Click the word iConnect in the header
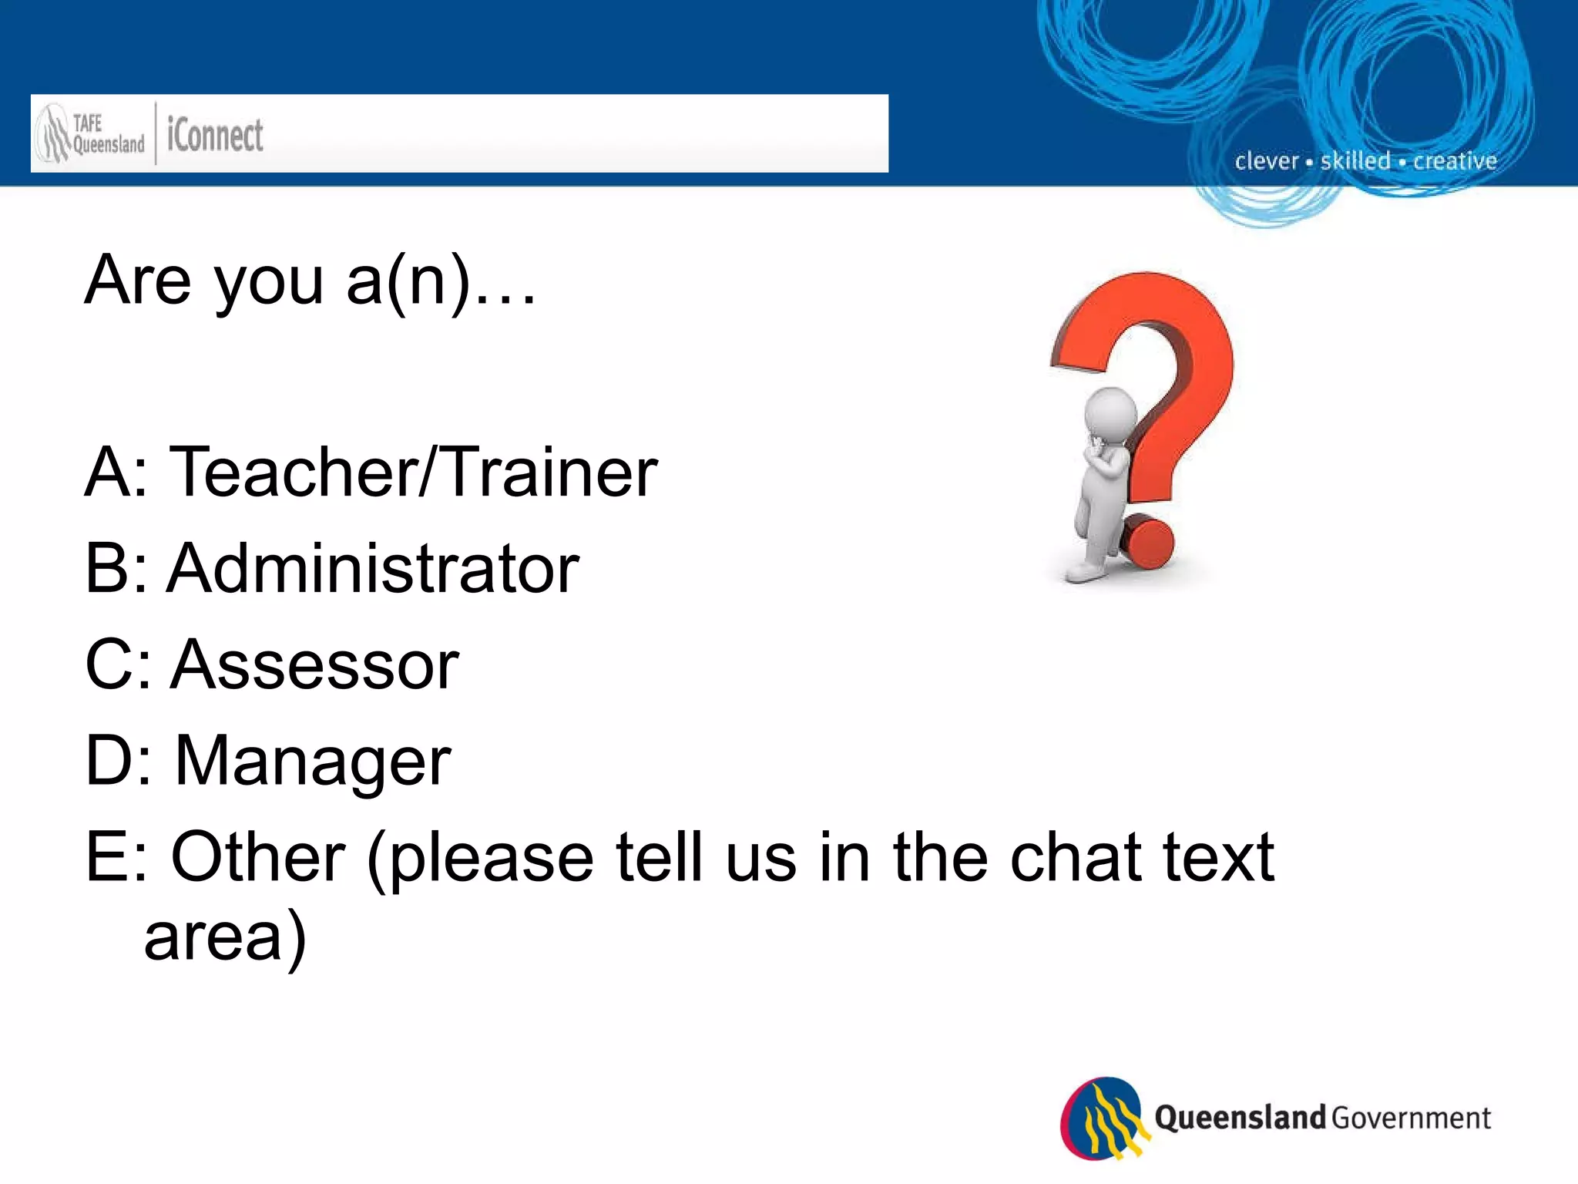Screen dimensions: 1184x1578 [215, 136]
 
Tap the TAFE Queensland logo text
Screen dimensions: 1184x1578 [108, 134]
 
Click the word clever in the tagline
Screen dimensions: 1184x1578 [1267, 161]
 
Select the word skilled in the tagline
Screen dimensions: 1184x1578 [1355, 160]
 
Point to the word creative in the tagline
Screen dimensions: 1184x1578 [1455, 160]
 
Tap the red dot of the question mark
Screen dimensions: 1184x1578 [1147, 543]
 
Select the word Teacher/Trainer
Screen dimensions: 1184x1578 [413, 472]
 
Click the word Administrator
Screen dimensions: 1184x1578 [373, 568]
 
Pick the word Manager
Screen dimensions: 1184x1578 [313, 762]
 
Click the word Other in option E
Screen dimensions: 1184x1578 [258, 856]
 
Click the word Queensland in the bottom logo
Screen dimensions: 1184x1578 [1239, 1117]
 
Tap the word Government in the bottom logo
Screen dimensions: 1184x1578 [1411, 1118]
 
